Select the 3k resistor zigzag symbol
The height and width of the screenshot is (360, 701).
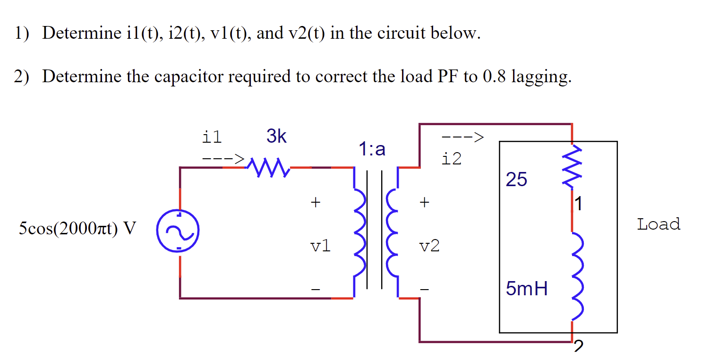pyautogui.click(x=268, y=167)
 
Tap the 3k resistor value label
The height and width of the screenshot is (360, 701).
pyautogui.click(x=276, y=137)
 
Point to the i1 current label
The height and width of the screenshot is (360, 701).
pyautogui.click(x=211, y=137)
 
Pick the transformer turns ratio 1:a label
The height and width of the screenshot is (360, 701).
pyautogui.click(x=371, y=150)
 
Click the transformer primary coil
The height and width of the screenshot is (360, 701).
pyautogui.click(x=359, y=232)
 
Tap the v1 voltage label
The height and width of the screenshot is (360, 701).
pyautogui.click(x=320, y=246)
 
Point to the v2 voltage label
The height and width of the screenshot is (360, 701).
pyautogui.click(x=429, y=246)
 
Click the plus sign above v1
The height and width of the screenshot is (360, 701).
pyautogui.click(x=315, y=203)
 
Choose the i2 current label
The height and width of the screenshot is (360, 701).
pyautogui.click(x=451, y=159)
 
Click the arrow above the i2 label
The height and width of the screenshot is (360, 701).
pyautogui.click(x=462, y=137)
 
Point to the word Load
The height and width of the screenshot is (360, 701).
pyautogui.click(x=658, y=224)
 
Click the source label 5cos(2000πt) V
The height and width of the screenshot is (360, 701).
pyautogui.click(x=77, y=229)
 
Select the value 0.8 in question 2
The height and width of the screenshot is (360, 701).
pyautogui.click(x=494, y=77)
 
